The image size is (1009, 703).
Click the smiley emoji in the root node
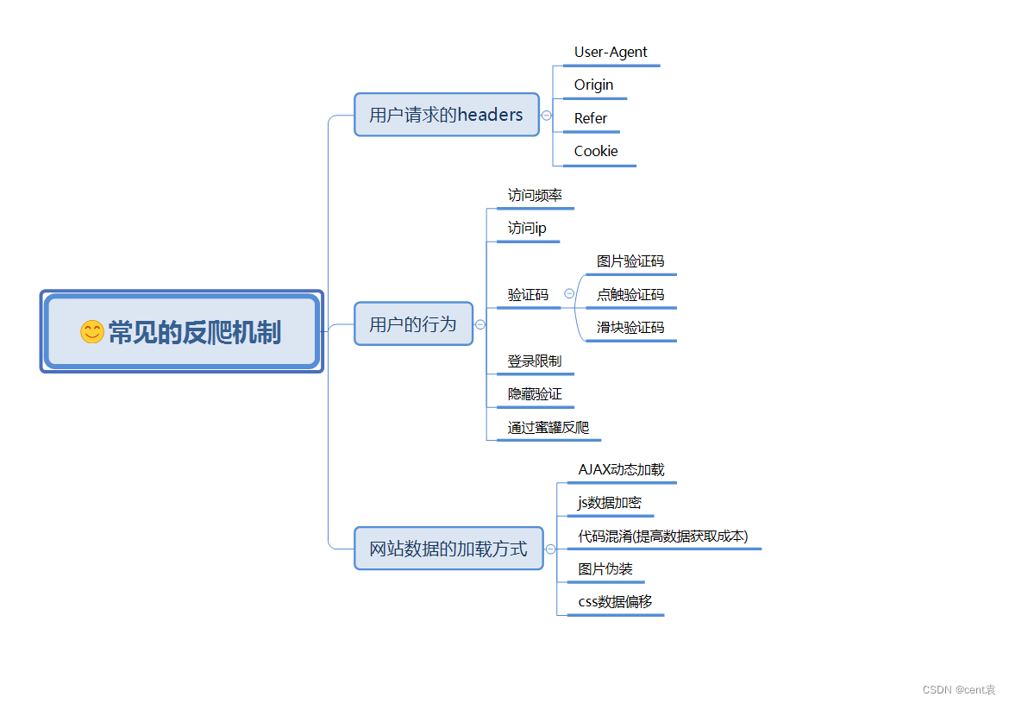pyautogui.click(x=91, y=332)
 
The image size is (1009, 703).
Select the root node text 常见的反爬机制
pyautogui.click(x=195, y=332)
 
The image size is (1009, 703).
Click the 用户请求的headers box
pyautogui.click(x=446, y=115)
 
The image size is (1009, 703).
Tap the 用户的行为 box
pyautogui.click(x=413, y=324)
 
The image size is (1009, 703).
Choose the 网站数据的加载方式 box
pyautogui.click(x=448, y=549)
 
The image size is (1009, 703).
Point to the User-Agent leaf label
pyautogui.click(x=611, y=53)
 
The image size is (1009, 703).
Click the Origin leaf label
pyautogui.click(x=594, y=85)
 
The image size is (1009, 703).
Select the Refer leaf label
pyautogui.click(x=591, y=118)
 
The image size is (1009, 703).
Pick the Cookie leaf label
pyautogui.click(x=596, y=152)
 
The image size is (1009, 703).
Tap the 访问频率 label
pyautogui.click(x=535, y=196)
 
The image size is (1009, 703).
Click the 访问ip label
pyautogui.click(x=527, y=229)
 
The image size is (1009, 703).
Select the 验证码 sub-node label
pyautogui.click(x=528, y=295)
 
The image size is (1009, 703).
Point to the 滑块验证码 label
pyautogui.click(x=630, y=328)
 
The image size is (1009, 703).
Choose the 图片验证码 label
pyautogui.click(x=630, y=261)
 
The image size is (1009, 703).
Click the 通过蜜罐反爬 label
pyautogui.click(x=548, y=428)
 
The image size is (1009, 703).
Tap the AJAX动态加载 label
pyautogui.click(x=621, y=470)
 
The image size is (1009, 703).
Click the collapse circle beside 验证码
pyautogui.click(x=569, y=294)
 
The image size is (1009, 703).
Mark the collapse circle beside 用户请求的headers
pyautogui.click(x=547, y=115)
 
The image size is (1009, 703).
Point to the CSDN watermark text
pyautogui.click(x=958, y=690)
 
